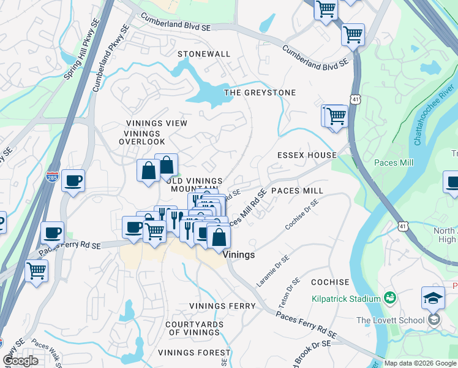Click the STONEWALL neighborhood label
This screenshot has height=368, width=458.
(204, 54)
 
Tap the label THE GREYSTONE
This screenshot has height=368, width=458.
(260, 93)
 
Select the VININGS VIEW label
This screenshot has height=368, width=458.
(156, 123)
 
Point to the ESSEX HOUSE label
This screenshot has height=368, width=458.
(307, 156)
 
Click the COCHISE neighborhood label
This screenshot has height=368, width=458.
(329, 282)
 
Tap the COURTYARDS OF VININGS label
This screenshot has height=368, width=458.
(192, 328)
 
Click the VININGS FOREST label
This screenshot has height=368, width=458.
(194, 353)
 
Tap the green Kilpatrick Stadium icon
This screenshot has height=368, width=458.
(389, 299)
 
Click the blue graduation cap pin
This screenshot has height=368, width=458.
(433, 298)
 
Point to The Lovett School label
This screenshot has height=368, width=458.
(390, 320)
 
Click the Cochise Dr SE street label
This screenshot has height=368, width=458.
(302, 215)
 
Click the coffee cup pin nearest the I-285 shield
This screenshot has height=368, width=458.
(73, 181)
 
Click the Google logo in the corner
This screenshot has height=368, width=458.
(20, 361)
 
